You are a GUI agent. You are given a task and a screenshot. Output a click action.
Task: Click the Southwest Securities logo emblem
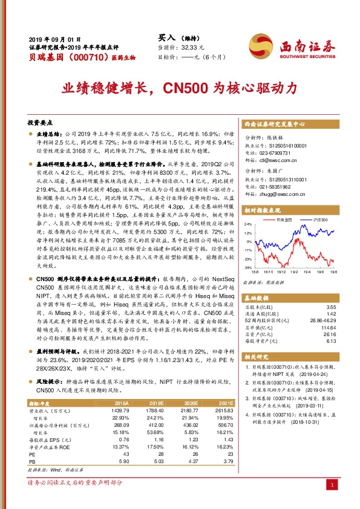(x=261, y=44)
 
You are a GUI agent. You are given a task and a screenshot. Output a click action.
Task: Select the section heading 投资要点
(x=41, y=121)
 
